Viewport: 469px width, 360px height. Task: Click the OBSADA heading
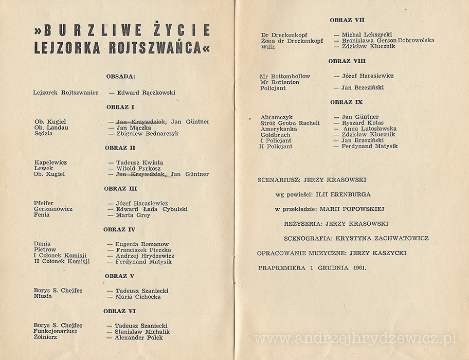pos(120,77)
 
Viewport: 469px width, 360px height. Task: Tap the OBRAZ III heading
pos(120,189)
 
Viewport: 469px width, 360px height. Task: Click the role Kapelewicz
pos(50,163)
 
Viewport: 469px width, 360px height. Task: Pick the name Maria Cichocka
pos(138,297)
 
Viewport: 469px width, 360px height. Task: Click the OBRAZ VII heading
pos(347,20)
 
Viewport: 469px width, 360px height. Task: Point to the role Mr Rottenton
pos(279,82)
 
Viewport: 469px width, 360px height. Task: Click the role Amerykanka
pos(278,129)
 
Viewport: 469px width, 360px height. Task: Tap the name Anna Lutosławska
pos(369,129)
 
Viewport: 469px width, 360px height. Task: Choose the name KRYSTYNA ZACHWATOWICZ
pos(382,239)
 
